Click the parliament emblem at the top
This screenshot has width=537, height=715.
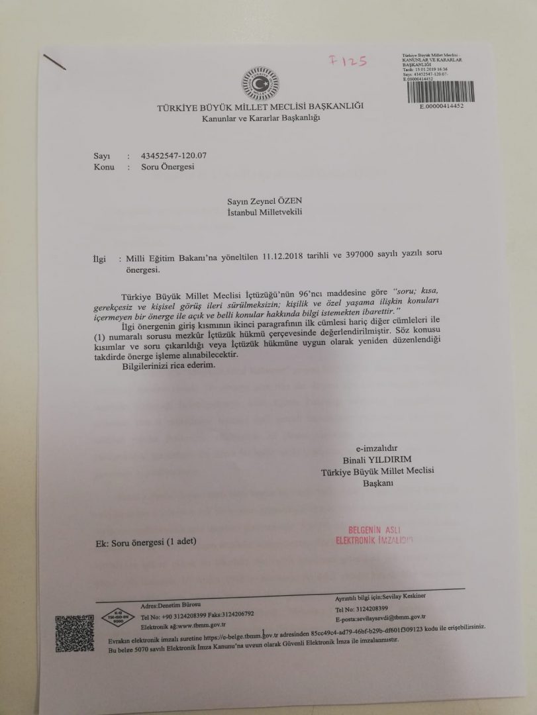(x=260, y=85)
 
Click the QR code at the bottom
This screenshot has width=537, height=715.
(x=74, y=632)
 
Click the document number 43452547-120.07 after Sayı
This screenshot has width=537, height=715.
(x=174, y=156)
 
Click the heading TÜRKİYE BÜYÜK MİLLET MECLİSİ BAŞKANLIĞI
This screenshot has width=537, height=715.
(x=260, y=107)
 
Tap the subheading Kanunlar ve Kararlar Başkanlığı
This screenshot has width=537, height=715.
(x=261, y=119)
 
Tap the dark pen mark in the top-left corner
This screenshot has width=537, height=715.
(x=56, y=62)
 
